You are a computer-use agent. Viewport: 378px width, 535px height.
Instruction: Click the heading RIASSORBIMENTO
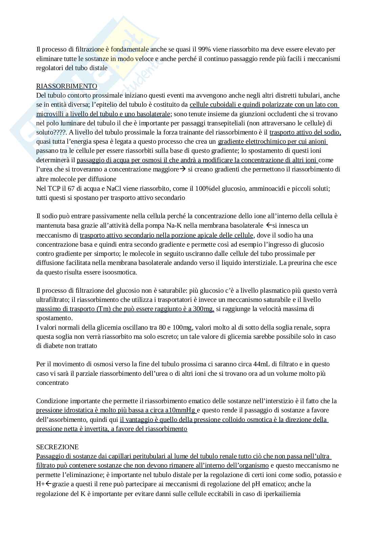click(x=66, y=86)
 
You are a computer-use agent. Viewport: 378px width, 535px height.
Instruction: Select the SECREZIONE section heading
click(x=57, y=447)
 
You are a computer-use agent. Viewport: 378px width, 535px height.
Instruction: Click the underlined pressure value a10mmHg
click(x=181, y=410)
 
